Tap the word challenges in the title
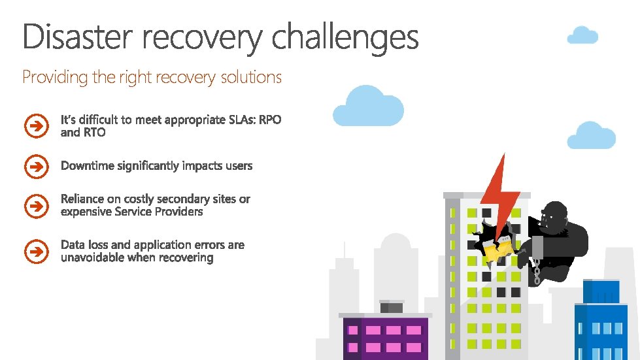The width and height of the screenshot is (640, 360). pos(345,37)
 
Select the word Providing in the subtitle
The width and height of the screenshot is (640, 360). pos(55,77)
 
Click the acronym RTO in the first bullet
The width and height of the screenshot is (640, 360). pos(92,133)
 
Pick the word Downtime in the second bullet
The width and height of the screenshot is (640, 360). pos(88,166)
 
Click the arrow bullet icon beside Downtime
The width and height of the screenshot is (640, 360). pos(36,167)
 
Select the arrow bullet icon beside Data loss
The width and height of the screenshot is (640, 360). pos(36,250)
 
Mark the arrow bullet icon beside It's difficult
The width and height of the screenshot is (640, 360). pos(36,126)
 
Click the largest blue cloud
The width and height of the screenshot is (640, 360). pos(368,107)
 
